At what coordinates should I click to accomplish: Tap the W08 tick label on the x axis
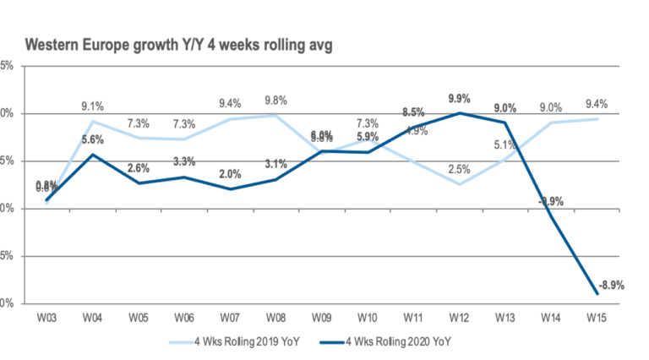tap(275, 319)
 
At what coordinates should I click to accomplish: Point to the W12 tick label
tap(459, 319)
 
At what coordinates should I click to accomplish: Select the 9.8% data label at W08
tap(275, 101)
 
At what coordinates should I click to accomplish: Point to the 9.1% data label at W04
tap(92, 106)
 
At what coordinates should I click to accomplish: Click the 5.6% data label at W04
tap(92, 140)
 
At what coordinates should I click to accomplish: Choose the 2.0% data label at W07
tap(229, 174)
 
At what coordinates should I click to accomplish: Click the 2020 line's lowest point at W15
tap(597, 293)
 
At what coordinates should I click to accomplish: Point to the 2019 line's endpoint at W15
tap(597, 118)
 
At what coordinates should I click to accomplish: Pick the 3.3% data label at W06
tap(183, 161)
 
